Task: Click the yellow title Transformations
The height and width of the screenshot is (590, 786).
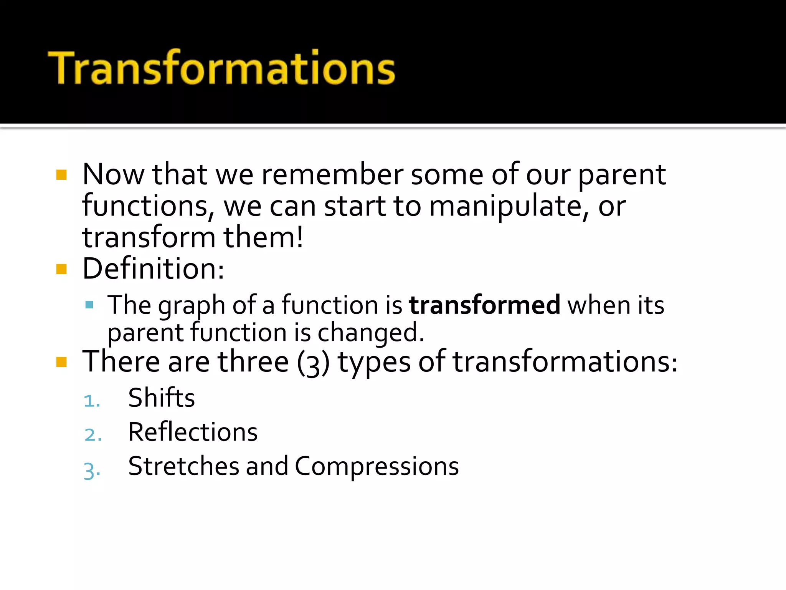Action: point(221,68)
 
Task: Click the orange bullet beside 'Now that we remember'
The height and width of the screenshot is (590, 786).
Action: point(61,175)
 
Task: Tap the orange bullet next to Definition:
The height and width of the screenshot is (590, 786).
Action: point(61,269)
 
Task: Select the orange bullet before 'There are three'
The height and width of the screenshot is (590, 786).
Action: point(61,362)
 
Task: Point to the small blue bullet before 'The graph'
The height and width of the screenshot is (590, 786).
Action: point(89,305)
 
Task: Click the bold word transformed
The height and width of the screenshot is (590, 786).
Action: point(484,305)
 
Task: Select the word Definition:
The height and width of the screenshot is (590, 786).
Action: point(153,269)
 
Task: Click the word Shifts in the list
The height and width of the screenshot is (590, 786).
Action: point(162,398)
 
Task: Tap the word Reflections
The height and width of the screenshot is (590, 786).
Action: point(193,432)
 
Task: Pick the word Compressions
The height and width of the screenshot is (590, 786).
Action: point(376,466)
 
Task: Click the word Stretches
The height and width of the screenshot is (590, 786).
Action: point(184,466)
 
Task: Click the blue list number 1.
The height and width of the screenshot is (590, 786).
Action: point(92,401)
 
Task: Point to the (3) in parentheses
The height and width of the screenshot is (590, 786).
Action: point(313,363)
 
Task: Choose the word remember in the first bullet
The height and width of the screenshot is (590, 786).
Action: point(332,175)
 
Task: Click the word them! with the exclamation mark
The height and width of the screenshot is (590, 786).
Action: point(264,238)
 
